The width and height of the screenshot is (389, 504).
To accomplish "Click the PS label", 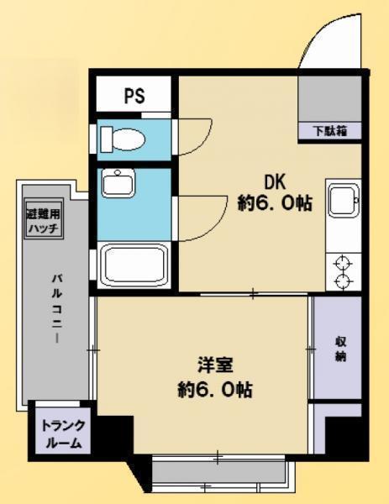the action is pyautogui.click(x=134, y=96).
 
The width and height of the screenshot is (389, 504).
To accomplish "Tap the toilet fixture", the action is pyautogui.click(x=123, y=139).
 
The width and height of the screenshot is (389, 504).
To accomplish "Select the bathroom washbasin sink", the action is pyautogui.click(x=118, y=183).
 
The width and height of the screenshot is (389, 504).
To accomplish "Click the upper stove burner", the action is pyautogui.click(x=342, y=263).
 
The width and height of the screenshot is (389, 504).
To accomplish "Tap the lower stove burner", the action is pyautogui.click(x=342, y=281).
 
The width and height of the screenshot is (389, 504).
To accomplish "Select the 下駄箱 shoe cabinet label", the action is pyautogui.click(x=331, y=131).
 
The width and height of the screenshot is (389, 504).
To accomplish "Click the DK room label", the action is pyautogui.click(x=275, y=182).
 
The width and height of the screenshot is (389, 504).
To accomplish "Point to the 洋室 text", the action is pyautogui.click(x=215, y=365).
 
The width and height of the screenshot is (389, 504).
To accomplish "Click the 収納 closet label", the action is pyautogui.click(x=341, y=349).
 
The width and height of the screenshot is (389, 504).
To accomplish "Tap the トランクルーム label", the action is pyautogui.click(x=63, y=434).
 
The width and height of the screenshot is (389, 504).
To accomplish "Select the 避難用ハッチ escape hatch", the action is pyautogui.click(x=44, y=219).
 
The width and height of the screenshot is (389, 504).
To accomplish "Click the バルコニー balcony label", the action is pyautogui.click(x=57, y=308).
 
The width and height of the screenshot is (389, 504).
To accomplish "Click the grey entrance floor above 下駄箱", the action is pyautogui.click(x=329, y=99).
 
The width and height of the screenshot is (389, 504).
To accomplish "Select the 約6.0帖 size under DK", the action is pyautogui.click(x=275, y=203).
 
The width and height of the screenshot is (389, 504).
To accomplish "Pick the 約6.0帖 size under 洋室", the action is pyautogui.click(x=215, y=390).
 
